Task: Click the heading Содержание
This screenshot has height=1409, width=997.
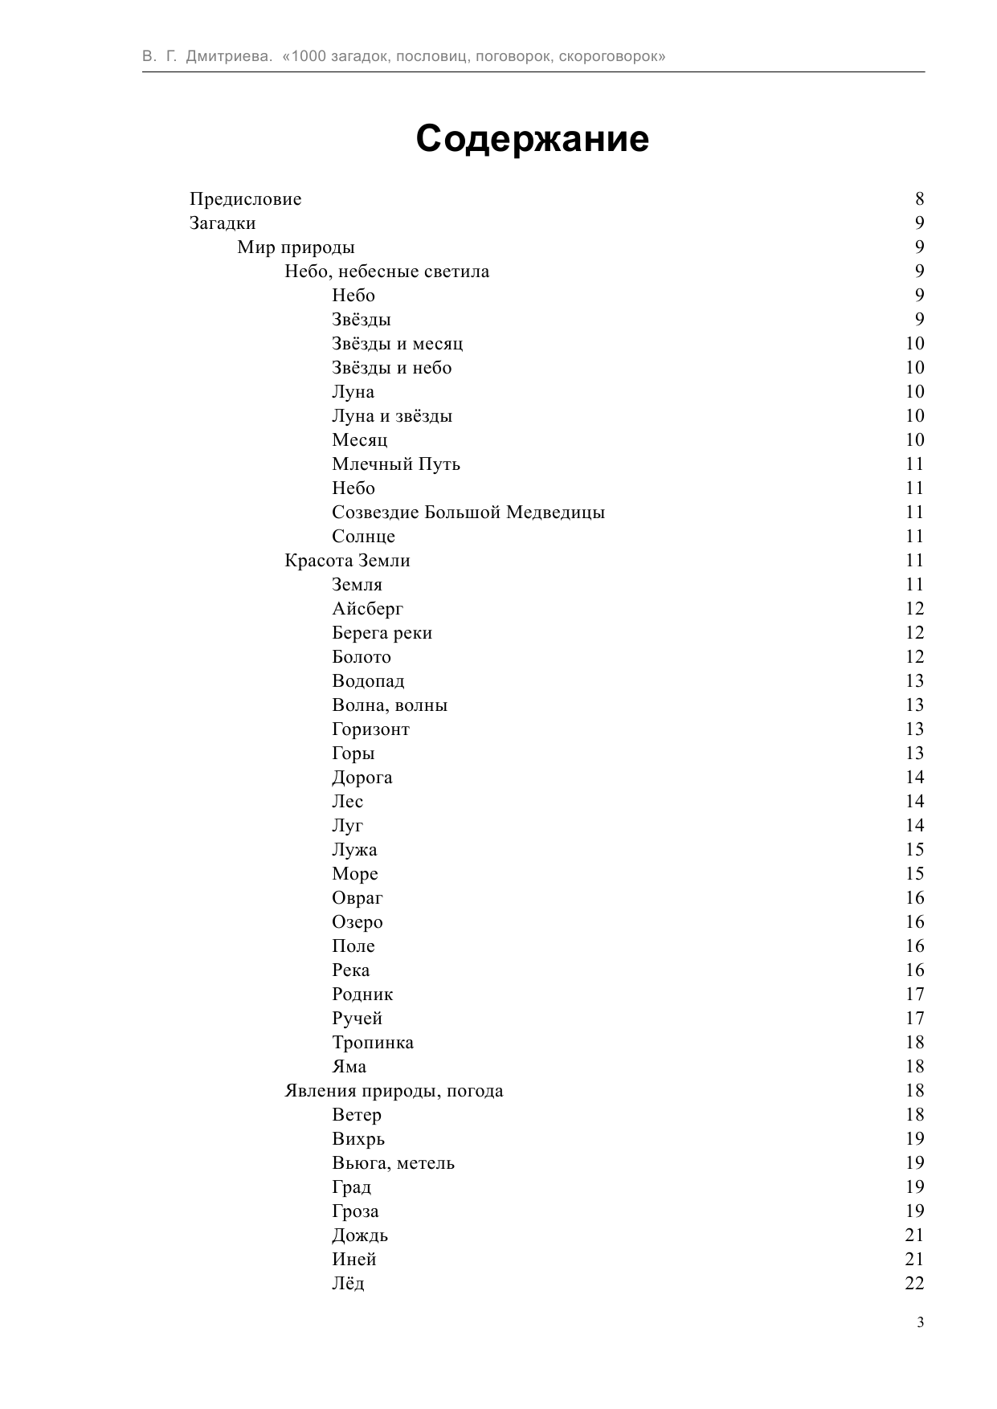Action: pyautogui.click(x=532, y=139)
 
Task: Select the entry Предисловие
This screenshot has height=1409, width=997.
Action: pyautogui.click(x=245, y=199)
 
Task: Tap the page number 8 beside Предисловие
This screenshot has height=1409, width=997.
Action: pyautogui.click(x=919, y=199)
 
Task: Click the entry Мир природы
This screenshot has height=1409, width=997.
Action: pyautogui.click(x=296, y=247)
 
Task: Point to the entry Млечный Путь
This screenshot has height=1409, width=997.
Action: pyautogui.click(x=396, y=464)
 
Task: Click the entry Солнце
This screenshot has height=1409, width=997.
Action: pyautogui.click(x=363, y=537)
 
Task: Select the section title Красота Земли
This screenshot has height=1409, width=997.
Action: pyautogui.click(x=347, y=561)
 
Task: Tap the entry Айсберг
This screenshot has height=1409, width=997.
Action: pyautogui.click(x=367, y=609)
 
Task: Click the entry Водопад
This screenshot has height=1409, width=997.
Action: pyautogui.click(x=368, y=681)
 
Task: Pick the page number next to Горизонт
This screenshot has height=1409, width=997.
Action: pyautogui.click(x=914, y=729)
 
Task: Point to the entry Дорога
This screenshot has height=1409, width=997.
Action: pyautogui.click(x=362, y=778)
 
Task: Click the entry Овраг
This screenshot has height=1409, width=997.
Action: pyautogui.click(x=357, y=898)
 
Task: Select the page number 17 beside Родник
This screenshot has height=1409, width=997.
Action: pyautogui.click(x=914, y=994)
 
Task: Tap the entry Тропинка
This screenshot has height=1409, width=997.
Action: pyautogui.click(x=373, y=1043)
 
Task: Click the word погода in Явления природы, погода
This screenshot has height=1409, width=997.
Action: pyautogui.click(x=475, y=1091)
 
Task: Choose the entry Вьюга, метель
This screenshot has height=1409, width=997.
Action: pyautogui.click(x=393, y=1163)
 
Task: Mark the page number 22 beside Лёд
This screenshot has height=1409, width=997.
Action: pyautogui.click(x=914, y=1284)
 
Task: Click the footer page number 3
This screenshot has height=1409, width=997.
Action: pyautogui.click(x=920, y=1323)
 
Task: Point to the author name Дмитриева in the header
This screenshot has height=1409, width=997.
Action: pyautogui.click(x=230, y=57)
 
